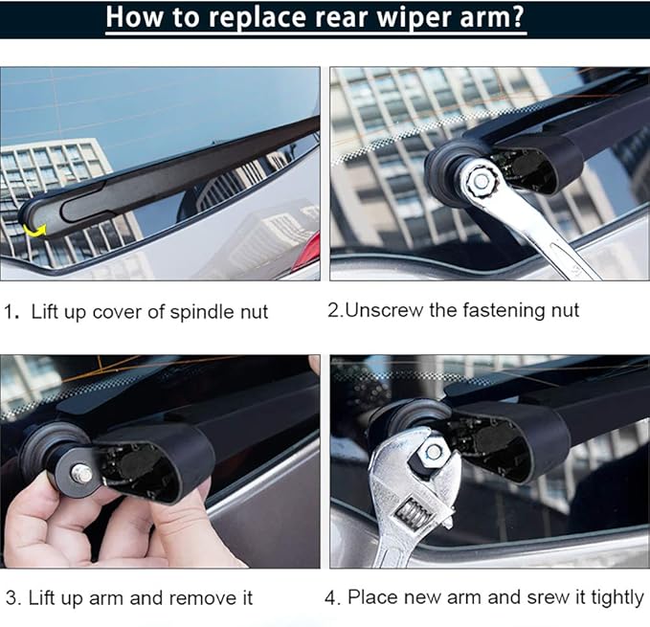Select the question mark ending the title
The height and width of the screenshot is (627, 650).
(x=517, y=17)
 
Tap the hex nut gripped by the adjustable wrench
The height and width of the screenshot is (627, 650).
(x=434, y=451)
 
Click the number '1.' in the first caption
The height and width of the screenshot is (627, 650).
(x=12, y=311)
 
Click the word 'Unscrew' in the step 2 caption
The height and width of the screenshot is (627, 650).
(x=381, y=310)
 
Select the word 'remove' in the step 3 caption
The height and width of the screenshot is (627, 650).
(x=203, y=598)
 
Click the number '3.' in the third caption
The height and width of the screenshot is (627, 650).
(x=12, y=598)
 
